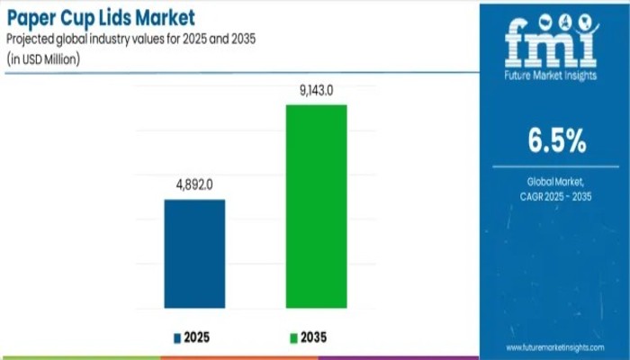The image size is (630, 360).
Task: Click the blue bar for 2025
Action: click(194, 253)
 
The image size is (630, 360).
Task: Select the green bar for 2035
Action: click(316, 206)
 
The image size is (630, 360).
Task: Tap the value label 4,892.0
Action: click(194, 186)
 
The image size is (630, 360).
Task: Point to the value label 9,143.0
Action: click(316, 91)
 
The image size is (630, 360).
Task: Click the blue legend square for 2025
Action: click(177, 338)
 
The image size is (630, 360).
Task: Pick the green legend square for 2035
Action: click(292, 338)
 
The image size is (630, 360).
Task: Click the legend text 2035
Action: click(315, 338)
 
